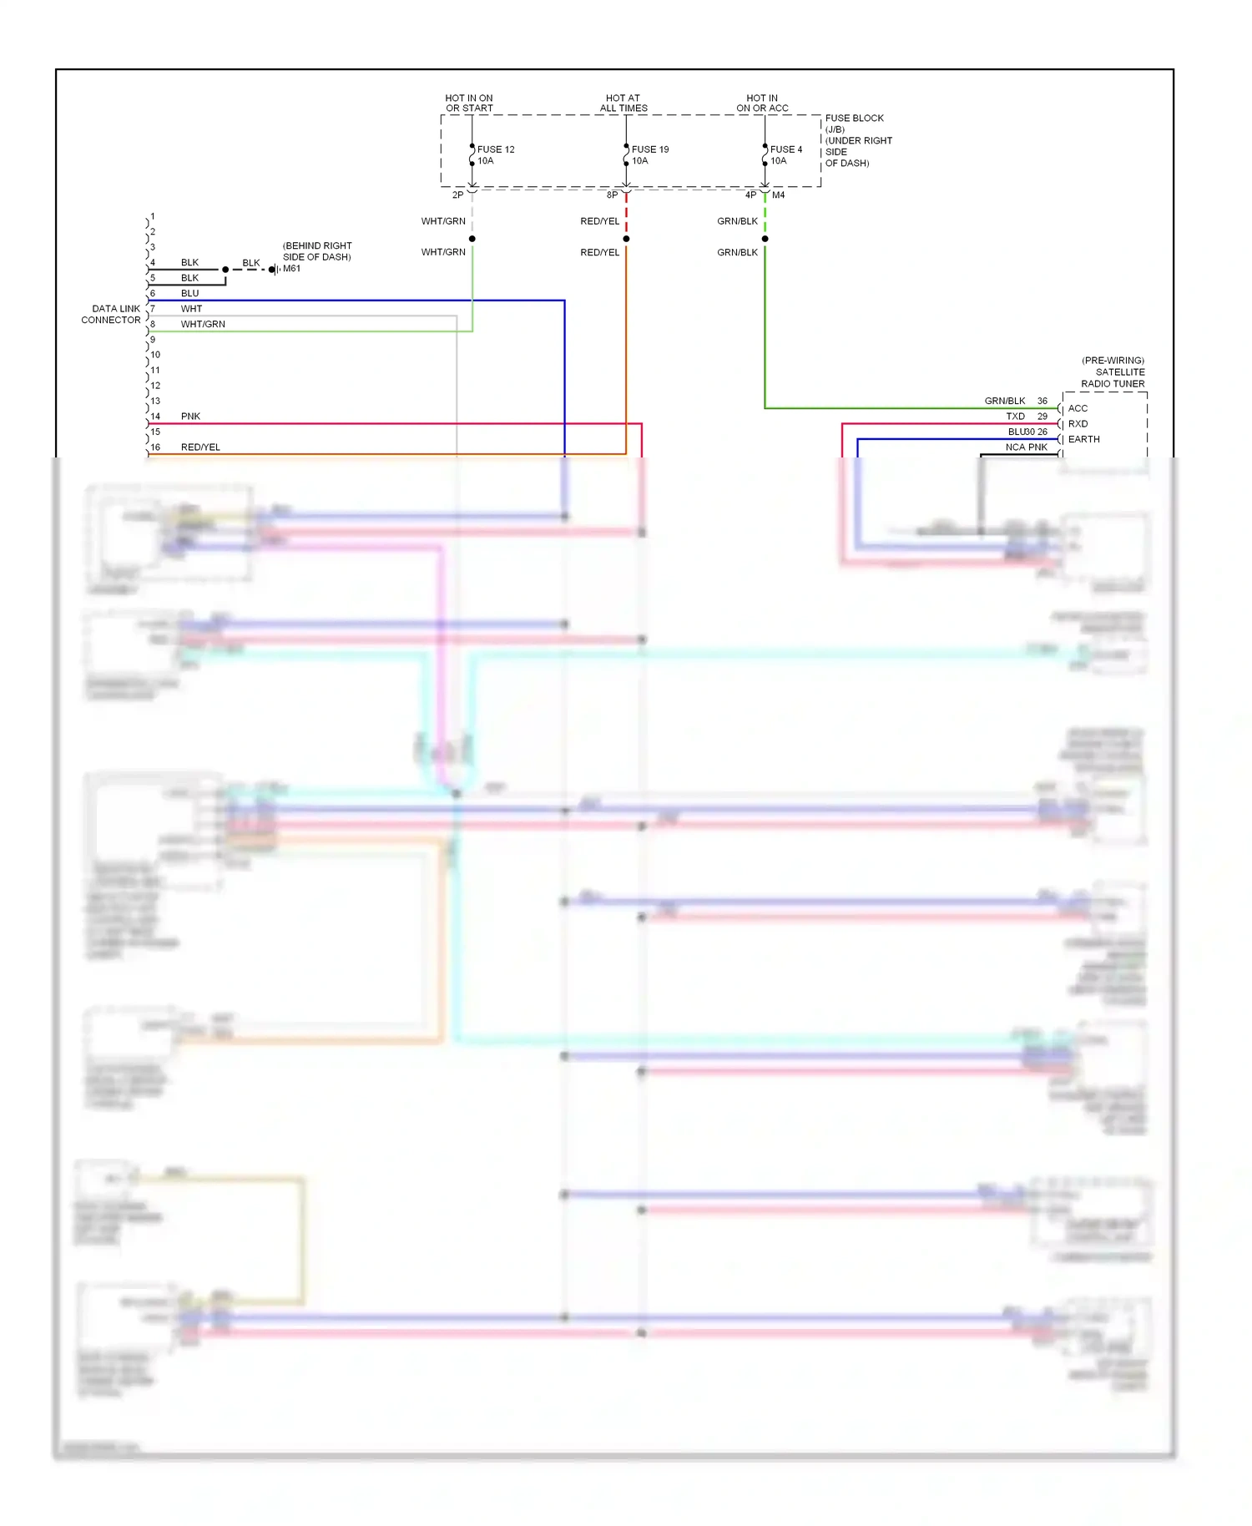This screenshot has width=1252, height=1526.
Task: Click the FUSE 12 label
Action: (x=496, y=149)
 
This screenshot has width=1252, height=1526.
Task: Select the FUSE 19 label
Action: (x=650, y=149)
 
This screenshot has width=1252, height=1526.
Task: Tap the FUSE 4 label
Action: (x=786, y=149)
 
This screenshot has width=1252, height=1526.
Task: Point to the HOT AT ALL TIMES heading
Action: (x=623, y=103)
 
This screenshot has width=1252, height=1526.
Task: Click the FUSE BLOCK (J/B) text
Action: (x=854, y=123)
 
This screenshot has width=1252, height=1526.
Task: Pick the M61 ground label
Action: (x=291, y=269)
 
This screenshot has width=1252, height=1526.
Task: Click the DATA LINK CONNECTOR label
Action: (x=111, y=314)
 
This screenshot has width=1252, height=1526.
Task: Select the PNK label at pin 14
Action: (x=190, y=416)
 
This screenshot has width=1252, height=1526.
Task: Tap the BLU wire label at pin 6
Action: (x=189, y=293)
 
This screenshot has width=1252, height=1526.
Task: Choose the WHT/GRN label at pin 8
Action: (x=203, y=324)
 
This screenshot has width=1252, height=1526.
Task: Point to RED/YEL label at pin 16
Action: (x=200, y=447)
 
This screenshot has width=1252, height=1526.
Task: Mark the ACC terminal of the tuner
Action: (x=1078, y=408)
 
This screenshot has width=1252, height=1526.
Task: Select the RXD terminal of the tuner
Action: (x=1078, y=423)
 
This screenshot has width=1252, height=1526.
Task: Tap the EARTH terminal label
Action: (x=1083, y=439)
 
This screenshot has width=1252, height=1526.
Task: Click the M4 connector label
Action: (x=778, y=195)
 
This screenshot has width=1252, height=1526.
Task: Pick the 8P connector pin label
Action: (x=612, y=195)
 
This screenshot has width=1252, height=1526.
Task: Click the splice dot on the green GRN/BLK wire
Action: (x=765, y=239)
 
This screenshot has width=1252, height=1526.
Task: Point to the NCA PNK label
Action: (x=1026, y=447)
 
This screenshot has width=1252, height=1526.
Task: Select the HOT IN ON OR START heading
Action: (x=469, y=103)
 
